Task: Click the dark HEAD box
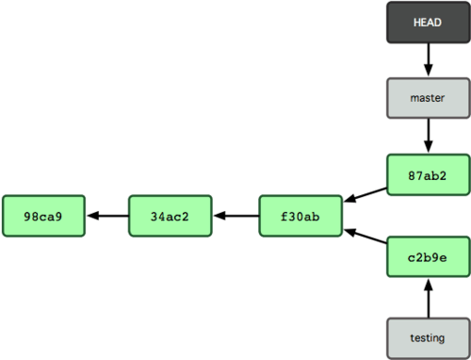click(x=428, y=22)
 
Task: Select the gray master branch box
click(x=428, y=97)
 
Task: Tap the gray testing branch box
click(x=428, y=336)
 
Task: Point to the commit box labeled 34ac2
click(x=171, y=216)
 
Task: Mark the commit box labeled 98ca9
click(x=44, y=216)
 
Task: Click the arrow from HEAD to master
click(x=428, y=59)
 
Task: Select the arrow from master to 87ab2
click(x=428, y=135)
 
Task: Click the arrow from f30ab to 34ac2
click(x=235, y=216)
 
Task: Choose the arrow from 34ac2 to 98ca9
click(x=107, y=216)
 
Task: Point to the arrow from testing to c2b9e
click(x=428, y=298)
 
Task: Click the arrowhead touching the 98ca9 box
click(x=92, y=216)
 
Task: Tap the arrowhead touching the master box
click(x=428, y=72)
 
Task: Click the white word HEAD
click(x=428, y=22)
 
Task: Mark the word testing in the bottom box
click(x=428, y=336)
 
